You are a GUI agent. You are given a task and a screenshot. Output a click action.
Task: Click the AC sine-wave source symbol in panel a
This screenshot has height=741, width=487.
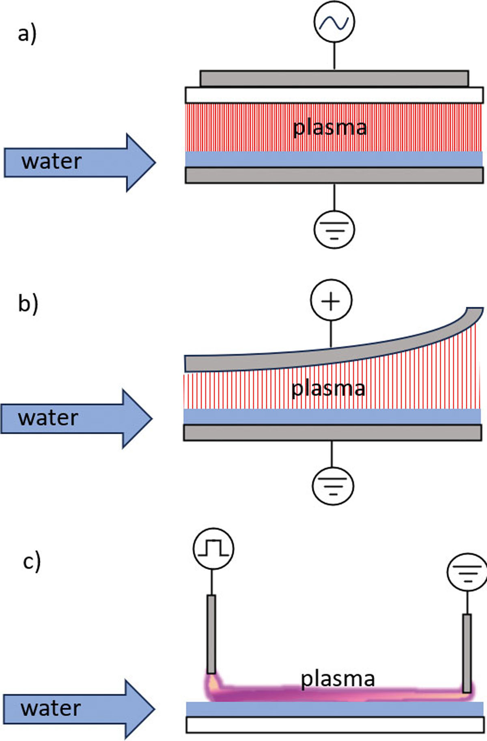[x=334, y=22]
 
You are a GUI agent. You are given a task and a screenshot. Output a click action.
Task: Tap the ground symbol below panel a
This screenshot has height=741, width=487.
[x=334, y=229]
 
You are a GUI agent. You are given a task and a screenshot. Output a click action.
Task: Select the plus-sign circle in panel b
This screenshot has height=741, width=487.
[x=331, y=301]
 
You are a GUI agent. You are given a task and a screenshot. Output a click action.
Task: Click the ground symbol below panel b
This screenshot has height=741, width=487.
[x=333, y=485]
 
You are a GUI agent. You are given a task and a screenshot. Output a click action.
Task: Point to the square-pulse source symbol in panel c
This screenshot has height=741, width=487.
[x=213, y=549]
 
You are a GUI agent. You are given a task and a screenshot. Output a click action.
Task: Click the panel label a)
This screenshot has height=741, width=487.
[x=27, y=34]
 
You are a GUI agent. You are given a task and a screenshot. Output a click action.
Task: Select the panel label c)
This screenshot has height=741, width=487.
[x=32, y=562]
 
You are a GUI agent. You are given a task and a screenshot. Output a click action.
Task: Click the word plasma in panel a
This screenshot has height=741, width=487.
[x=330, y=128]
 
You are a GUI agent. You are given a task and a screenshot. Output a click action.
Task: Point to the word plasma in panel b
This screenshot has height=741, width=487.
[x=328, y=388]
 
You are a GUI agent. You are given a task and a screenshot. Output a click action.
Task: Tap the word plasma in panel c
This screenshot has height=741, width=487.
[x=337, y=679]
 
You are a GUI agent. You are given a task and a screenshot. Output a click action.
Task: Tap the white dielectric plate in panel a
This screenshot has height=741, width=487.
[x=334, y=95]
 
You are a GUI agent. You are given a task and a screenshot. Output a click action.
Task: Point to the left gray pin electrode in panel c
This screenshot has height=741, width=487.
[x=211, y=634]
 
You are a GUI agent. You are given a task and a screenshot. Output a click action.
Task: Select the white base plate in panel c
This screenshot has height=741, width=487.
[x=335, y=725]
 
